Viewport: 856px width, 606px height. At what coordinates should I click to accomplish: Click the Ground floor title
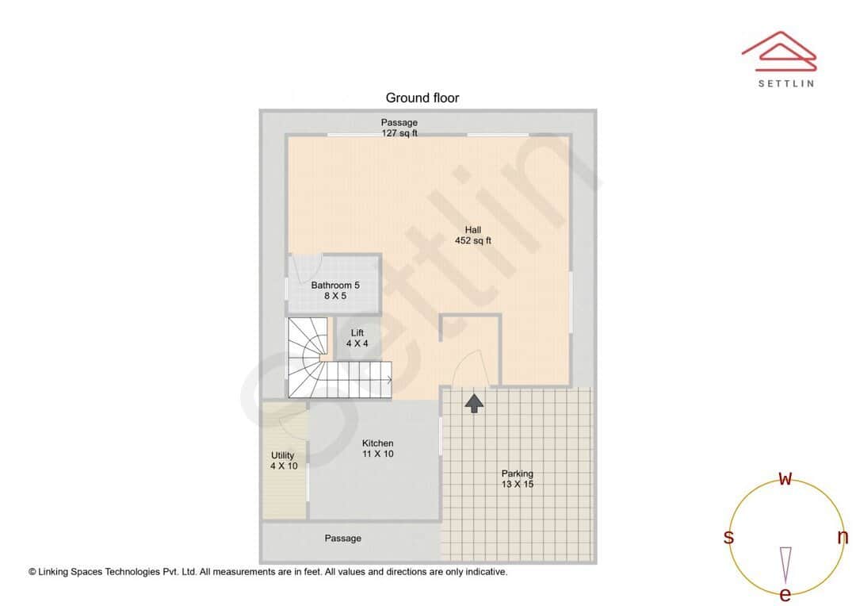tap(422, 98)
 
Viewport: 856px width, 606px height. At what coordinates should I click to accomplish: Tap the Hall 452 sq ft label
tap(472, 236)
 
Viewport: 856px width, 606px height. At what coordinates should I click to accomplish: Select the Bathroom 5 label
tap(334, 290)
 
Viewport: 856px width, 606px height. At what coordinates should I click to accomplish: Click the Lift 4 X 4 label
tap(357, 339)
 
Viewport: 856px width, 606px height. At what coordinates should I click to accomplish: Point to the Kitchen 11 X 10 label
tap(377, 449)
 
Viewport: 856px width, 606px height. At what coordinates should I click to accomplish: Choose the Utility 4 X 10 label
tap(283, 461)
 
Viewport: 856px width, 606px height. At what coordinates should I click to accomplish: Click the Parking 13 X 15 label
tap(517, 479)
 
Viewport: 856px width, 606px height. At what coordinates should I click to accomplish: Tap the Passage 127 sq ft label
tap(399, 128)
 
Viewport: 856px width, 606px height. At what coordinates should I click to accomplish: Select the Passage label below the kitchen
tap(342, 539)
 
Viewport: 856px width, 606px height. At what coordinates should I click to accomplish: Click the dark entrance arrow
tap(474, 402)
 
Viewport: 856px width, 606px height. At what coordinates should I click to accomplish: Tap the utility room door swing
tap(292, 424)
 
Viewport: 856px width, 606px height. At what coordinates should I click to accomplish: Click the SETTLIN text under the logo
tap(785, 83)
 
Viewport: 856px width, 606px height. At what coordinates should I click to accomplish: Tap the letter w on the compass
tap(785, 478)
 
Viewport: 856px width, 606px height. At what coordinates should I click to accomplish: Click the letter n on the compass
tap(843, 537)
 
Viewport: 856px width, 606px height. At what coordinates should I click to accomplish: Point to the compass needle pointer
tap(785, 564)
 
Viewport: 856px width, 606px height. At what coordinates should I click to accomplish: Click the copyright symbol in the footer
tap(32, 571)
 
